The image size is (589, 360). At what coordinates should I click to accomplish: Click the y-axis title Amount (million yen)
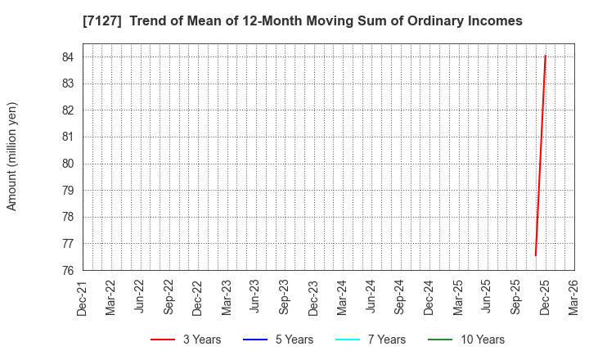12,156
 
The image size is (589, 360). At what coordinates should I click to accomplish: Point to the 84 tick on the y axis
68,57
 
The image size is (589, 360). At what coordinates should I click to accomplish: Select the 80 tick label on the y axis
68,164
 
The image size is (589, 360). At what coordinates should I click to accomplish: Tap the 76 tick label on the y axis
68,271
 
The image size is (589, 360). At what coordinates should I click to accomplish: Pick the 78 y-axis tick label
68,217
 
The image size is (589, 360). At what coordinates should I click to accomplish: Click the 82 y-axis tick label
68,110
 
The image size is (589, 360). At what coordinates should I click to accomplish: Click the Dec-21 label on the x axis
83,298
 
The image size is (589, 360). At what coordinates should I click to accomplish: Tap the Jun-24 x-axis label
371,298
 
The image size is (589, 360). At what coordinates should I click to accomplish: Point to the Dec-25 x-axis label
545,298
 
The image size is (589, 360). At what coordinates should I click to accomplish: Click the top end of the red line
545,56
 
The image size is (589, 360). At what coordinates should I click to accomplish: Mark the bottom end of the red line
535,255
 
